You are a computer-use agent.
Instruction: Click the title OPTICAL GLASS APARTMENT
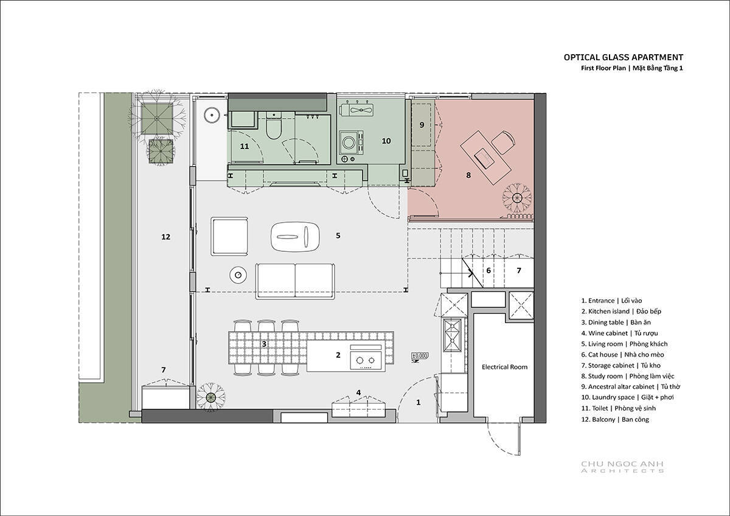point(624,57)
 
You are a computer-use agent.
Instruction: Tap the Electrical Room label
point(504,367)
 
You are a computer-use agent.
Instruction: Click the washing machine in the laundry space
point(351,143)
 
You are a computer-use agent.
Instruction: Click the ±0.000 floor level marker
point(420,355)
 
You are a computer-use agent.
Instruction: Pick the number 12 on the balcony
point(165,237)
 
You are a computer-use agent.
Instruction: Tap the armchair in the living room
point(230,236)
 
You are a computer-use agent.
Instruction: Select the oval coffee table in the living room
point(295,237)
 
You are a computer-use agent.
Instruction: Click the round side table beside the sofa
point(238,276)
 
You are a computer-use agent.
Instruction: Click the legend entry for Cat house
point(622,355)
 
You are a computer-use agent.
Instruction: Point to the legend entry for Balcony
point(615,419)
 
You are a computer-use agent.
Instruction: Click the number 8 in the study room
point(468,175)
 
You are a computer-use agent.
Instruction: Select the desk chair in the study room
point(504,142)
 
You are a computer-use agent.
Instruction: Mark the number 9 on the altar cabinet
point(422,125)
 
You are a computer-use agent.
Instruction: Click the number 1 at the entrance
point(419,403)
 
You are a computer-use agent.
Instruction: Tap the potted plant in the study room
point(516,198)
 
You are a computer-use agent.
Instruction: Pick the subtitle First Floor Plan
point(603,68)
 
